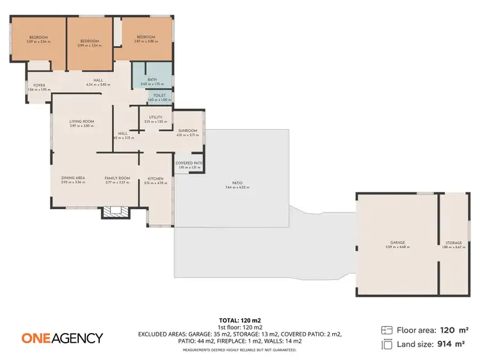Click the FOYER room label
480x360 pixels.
39,84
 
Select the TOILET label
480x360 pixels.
151,96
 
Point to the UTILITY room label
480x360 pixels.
156,117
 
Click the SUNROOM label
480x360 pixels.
187,130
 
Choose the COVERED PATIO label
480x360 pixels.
189,163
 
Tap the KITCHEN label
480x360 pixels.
156,178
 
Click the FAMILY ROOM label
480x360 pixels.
117,178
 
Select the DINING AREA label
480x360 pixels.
73,178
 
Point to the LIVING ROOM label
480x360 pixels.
82,121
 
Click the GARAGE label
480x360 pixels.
397,242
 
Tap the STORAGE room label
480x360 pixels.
453,242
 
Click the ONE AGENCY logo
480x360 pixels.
62,338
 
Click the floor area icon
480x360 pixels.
386,331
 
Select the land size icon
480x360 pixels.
386,345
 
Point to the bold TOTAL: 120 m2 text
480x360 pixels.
240,320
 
